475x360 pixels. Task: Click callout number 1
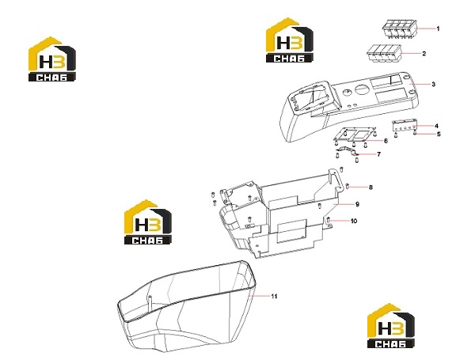tap(438, 28)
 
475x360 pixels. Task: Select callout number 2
tap(424, 54)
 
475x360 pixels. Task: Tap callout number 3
tap(434, 84)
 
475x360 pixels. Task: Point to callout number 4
tap(436, 126)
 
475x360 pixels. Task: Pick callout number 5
tap(439, 135)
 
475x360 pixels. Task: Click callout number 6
tap(386, 141)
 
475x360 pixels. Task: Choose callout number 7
tap(378, 154)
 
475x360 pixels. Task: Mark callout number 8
tap(370, 188)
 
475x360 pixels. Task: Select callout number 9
tap(358, 204)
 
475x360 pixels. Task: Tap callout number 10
tap(354, 221)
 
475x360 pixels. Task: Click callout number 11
tap(274, 297)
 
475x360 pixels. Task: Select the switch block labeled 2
tap(385, 54)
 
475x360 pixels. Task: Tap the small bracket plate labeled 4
tap(405, 125)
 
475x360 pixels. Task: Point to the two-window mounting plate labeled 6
tap(355, 135)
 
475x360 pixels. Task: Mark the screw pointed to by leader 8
tap(348, 187)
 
